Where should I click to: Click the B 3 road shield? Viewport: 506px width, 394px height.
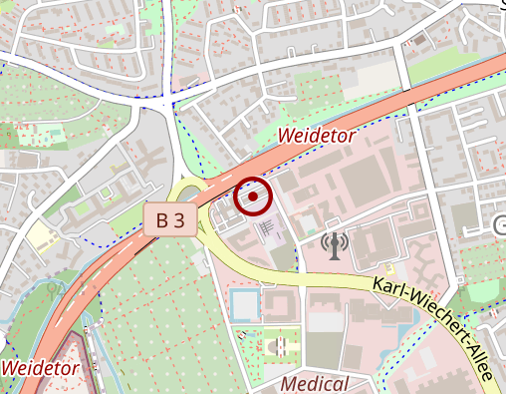click(169, 220)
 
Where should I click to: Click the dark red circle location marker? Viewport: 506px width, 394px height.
click(253, 197)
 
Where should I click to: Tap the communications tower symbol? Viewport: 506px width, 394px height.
click(336, 243)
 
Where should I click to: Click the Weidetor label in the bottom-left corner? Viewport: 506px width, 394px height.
click(40, 367)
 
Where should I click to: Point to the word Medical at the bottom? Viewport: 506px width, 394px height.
click(315, 384)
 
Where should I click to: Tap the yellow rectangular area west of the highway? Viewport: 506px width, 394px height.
click(41, 236)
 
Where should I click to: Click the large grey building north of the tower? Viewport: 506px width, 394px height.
click(368, 179)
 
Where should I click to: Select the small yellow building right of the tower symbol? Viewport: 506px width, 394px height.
click(390, 268)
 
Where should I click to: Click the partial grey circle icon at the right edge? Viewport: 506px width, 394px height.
click(500, 226)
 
